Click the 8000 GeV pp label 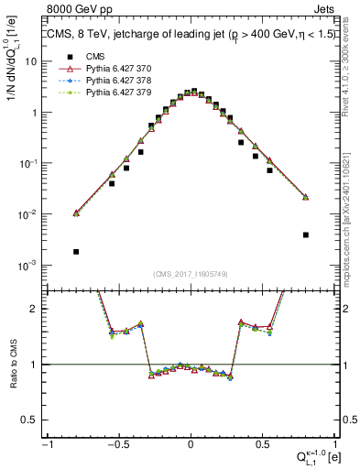coord(80,11)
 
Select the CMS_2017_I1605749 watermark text coord(191,275)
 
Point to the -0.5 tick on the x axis coord(117,442)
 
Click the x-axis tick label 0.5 coord(262,442)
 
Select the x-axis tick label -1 coord(46,442)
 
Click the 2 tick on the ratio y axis coord(35,309)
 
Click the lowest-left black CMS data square coord(76,251)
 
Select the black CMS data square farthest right coord(305,234)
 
